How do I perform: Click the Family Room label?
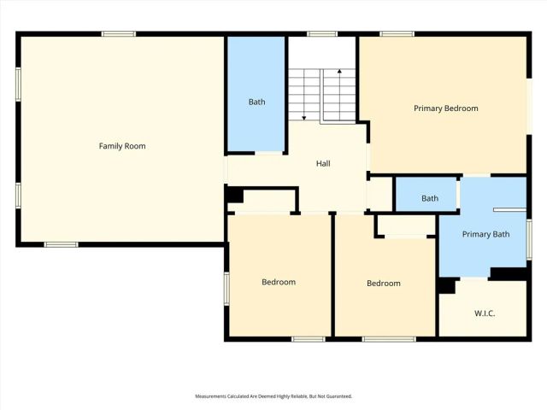[122, 146]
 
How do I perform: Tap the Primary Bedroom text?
[445, 108]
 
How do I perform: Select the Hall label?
[323, 163]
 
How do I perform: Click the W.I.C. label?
[485, 313]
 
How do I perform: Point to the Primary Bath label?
[484, 234]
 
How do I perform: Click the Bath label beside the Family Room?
[256, 102]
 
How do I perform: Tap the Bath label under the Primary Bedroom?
[430, 198]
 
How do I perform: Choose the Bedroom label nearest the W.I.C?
[384, 284]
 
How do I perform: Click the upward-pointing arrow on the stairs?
[339, 73]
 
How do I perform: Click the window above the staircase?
[321, 34]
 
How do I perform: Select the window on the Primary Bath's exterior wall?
[529, 238]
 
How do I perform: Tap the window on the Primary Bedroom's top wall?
[397, 34]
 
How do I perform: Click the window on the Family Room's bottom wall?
[62, 244]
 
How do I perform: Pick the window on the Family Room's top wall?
[119, 34]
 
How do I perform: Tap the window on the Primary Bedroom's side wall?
[528, 106]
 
